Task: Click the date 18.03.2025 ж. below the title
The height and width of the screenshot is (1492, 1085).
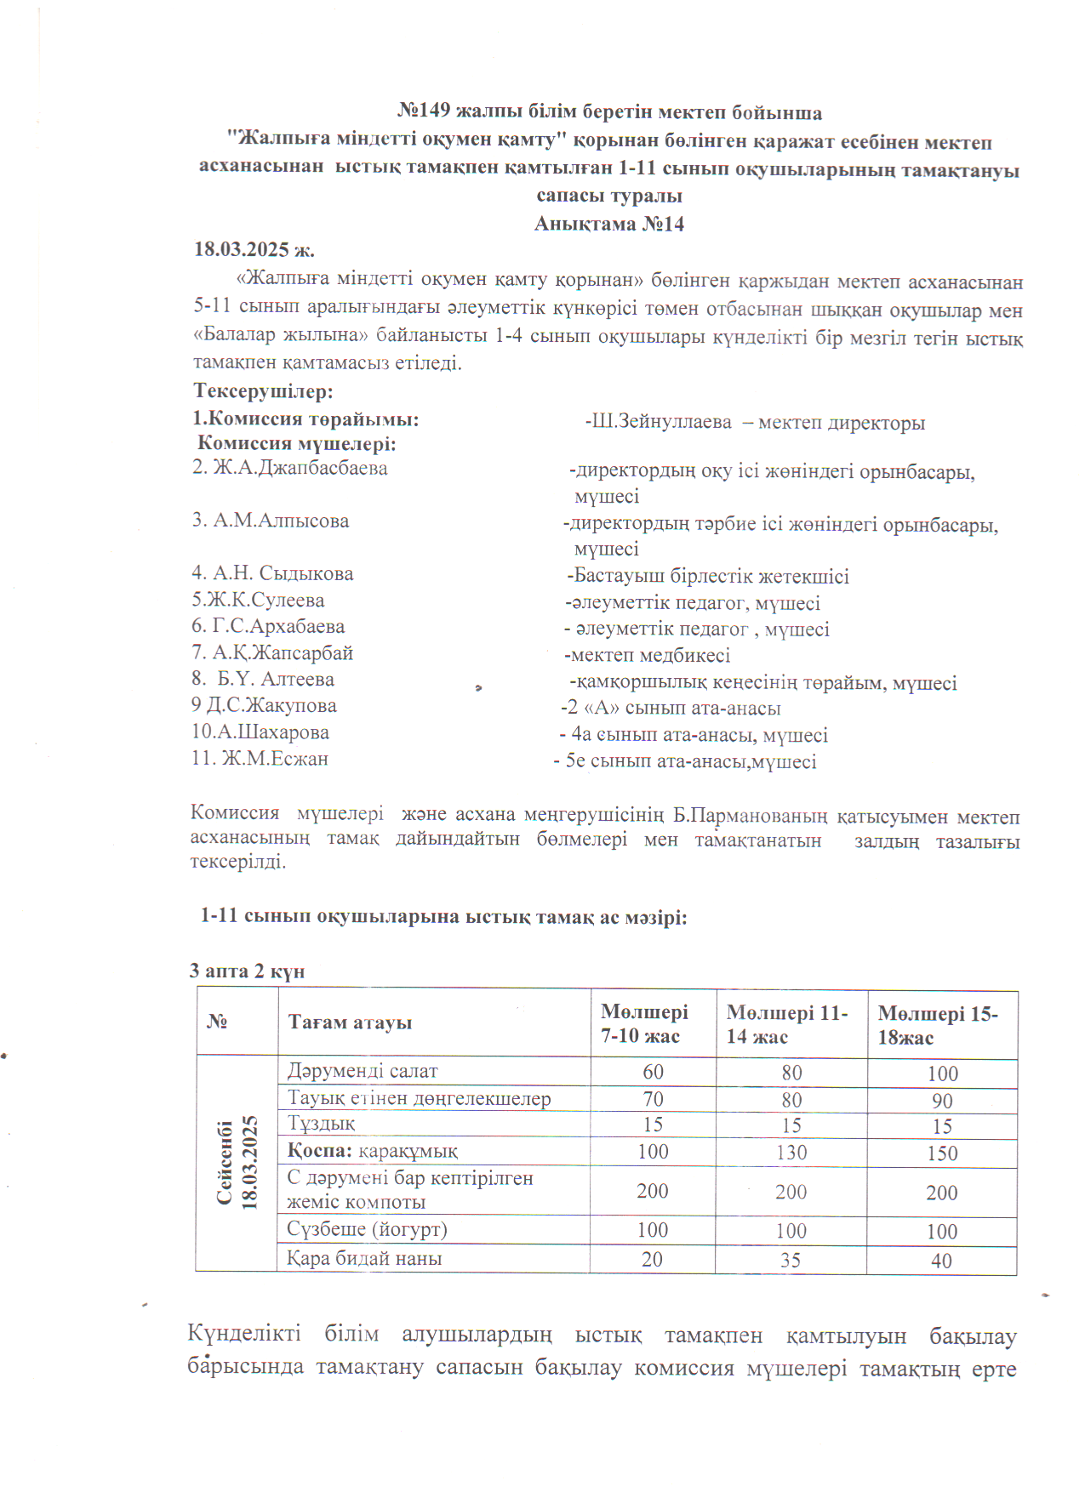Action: tap(254, 250)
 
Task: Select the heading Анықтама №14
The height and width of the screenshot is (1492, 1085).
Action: tap(609, 224)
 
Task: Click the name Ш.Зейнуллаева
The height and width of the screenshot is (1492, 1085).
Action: tap(660, 422)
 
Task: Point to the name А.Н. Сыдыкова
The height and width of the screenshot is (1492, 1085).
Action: tap(272, 574)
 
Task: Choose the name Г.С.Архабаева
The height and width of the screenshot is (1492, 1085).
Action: tap(268, 627)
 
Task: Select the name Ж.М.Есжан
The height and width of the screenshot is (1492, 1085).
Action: tap(260, 759)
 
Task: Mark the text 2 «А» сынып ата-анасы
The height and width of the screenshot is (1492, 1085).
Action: tap(672, 709)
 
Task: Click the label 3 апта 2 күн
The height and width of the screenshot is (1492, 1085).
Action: tap(247, 971)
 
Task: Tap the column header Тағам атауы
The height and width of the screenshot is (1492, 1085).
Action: tap(350, 1022)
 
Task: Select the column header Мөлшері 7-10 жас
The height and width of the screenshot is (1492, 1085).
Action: tap(644, 1023)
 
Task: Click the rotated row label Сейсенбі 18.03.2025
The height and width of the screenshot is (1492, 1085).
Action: tap(237, 1162)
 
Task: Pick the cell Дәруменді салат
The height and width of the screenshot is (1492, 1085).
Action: tap(363, 1071)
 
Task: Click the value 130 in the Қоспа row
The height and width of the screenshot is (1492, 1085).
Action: tap(791, 1153)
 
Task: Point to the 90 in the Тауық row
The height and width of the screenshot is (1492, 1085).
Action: tap(942, 1101)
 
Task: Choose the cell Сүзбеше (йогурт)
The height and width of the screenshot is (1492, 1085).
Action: tap(367, 1229)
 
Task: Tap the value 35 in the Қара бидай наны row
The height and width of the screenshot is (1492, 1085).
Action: tap(791, 1260)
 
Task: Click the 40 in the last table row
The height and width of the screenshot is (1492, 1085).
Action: tap(941, 1261)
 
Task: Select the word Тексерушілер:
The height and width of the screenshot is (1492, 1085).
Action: tap(263, 392)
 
